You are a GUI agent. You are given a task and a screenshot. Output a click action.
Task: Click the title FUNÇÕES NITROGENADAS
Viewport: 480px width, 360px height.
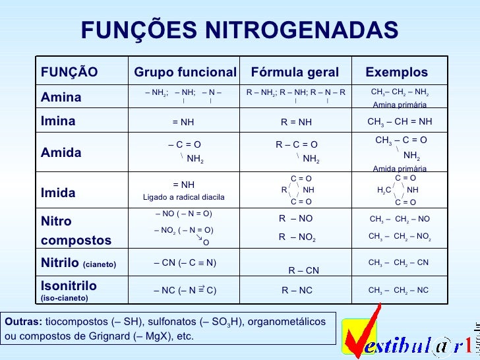[x=240, y=30]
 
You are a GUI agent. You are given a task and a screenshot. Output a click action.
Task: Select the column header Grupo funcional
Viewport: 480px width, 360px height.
[x=185, y=72]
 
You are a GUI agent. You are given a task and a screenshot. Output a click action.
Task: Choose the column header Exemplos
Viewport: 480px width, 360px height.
[x=396, y=72]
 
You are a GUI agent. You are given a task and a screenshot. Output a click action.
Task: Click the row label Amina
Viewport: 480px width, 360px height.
[x=61, y=98]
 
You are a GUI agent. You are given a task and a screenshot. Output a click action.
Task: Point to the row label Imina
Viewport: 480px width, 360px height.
[x=58, y=121]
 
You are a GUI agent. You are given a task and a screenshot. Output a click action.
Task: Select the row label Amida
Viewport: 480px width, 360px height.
[x=61, y=152]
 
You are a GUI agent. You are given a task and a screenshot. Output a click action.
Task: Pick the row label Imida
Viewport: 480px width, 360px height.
[x=58, y=193]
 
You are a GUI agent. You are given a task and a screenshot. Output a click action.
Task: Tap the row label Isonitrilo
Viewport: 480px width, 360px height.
[x=69, y=285]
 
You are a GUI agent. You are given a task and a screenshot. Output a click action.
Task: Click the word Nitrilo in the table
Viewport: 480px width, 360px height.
[x=60, y=264]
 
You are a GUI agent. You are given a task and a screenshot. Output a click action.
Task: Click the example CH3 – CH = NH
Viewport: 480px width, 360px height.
[x=400, y=121]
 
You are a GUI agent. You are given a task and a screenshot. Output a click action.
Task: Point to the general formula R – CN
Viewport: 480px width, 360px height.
[x=304, y=270]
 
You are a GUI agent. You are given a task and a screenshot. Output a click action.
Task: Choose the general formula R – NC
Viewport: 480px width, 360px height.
[x=297, y=289]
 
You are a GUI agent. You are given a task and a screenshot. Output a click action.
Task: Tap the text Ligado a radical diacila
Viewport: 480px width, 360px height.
[x=184, y=197]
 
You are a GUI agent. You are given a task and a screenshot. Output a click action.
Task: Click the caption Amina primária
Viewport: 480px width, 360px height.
[x=400, y=105]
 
